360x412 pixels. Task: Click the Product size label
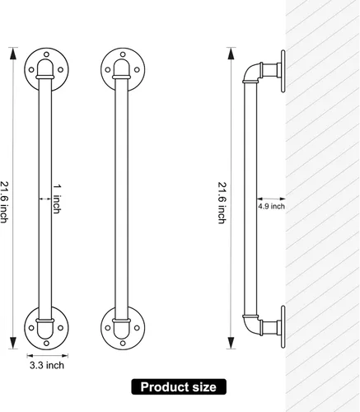tap(179, 387)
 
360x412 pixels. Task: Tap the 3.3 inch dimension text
tap(47, 366)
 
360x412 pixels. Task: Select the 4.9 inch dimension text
tap(271, 206)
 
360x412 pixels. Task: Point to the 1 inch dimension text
tap(57, 199)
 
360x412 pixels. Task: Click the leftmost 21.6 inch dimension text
tap(4, 202)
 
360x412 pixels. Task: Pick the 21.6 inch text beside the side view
tap(222, 203)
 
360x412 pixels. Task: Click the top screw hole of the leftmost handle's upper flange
tap(46, 54)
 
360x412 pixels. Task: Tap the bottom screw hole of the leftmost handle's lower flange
tap(46, 344)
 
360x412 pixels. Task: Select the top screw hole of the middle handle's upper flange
tap(123, 54)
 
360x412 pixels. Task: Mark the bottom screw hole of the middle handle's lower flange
tap(123, 344)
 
